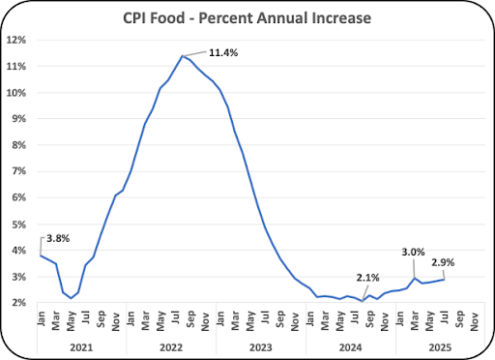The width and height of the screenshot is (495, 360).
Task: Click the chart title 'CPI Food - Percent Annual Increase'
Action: [x=247, y=18]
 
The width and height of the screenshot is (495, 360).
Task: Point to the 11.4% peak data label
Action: [x=223, y=53]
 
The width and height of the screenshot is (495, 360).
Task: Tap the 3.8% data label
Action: [x=58, y=239]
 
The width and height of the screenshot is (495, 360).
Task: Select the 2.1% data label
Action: [x=367, y=278]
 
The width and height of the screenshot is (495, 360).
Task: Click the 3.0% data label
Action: [x=413, y=252]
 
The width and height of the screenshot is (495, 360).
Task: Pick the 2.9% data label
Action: [x=443, y=263]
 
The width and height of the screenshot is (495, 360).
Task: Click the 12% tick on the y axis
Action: [x=16, y=40]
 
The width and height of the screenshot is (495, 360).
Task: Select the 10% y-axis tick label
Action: [x=16, y=93]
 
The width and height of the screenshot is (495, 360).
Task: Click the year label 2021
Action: [x=81, y=347]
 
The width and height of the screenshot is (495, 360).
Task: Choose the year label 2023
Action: [x=261, y=347]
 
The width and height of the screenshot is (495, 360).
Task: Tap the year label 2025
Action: [x=440, y=347]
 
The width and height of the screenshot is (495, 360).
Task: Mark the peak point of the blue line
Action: [x=183, y=56]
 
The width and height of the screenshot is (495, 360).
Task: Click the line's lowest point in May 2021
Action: [x=71, y=298]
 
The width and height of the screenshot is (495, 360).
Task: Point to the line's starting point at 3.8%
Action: [x=41, y=255]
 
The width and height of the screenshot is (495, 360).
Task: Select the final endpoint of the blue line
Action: [x=445, y=280]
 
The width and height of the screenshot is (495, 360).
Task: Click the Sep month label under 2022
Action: [x=190, y=318]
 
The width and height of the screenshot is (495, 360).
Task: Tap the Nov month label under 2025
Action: [x=474, y=320]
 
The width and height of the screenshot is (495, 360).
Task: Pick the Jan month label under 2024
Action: [x=309, y=318]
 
